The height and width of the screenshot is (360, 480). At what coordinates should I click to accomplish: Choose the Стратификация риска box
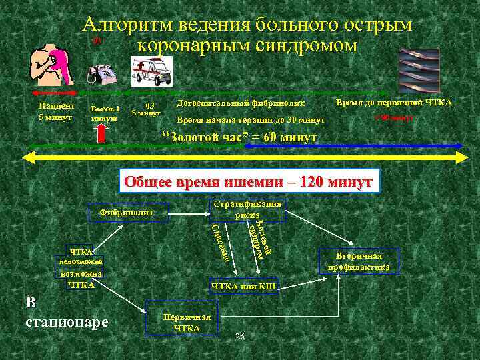247,209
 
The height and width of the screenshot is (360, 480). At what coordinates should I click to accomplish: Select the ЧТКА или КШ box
243,287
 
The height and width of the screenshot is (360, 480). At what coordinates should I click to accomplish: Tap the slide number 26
240,337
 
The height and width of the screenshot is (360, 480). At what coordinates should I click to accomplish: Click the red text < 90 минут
395,118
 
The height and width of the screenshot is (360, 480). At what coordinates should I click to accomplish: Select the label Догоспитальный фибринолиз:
241,104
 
